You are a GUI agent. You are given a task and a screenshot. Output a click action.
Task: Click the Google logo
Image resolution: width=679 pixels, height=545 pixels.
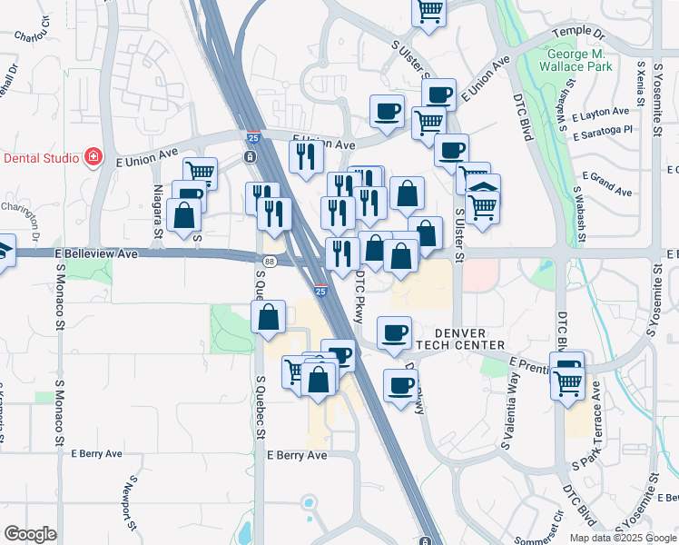[x=30, y=534]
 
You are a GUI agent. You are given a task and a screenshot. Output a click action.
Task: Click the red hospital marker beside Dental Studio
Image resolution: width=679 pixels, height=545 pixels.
[x=93, y=157]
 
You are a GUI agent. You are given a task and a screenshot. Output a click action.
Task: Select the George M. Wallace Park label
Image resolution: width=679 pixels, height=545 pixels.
[x=577, y=60]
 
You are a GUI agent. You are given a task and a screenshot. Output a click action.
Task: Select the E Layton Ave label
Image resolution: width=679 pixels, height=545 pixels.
[x=601, y=114]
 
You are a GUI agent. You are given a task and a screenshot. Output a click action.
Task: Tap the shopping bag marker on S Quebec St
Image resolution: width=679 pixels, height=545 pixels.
[x=269, y=318]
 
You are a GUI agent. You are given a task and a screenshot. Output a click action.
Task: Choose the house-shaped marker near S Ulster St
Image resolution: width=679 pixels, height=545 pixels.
[x=483, y=190]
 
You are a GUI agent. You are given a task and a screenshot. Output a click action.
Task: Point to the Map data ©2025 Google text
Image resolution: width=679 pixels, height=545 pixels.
[x=622, y=537]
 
